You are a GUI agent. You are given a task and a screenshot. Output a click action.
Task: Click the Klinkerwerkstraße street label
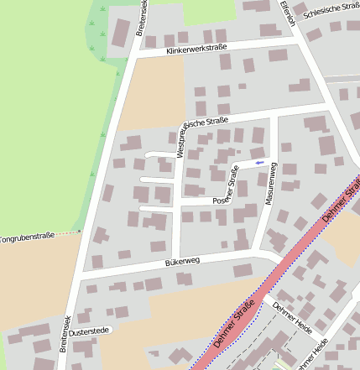tap(197, 49)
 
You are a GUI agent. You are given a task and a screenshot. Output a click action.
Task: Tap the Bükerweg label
tap(182, 263)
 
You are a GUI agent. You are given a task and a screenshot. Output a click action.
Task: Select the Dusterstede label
tap(90, 332)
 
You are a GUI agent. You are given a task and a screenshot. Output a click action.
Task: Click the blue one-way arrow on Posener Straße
tap(259, 162)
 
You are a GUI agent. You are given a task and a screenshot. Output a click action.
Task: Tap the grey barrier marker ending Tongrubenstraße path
tap(81, 231)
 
